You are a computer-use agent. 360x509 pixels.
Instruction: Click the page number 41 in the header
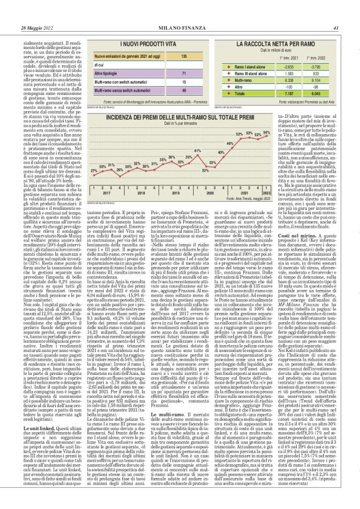pyautogui.click(x=335, y=10)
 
